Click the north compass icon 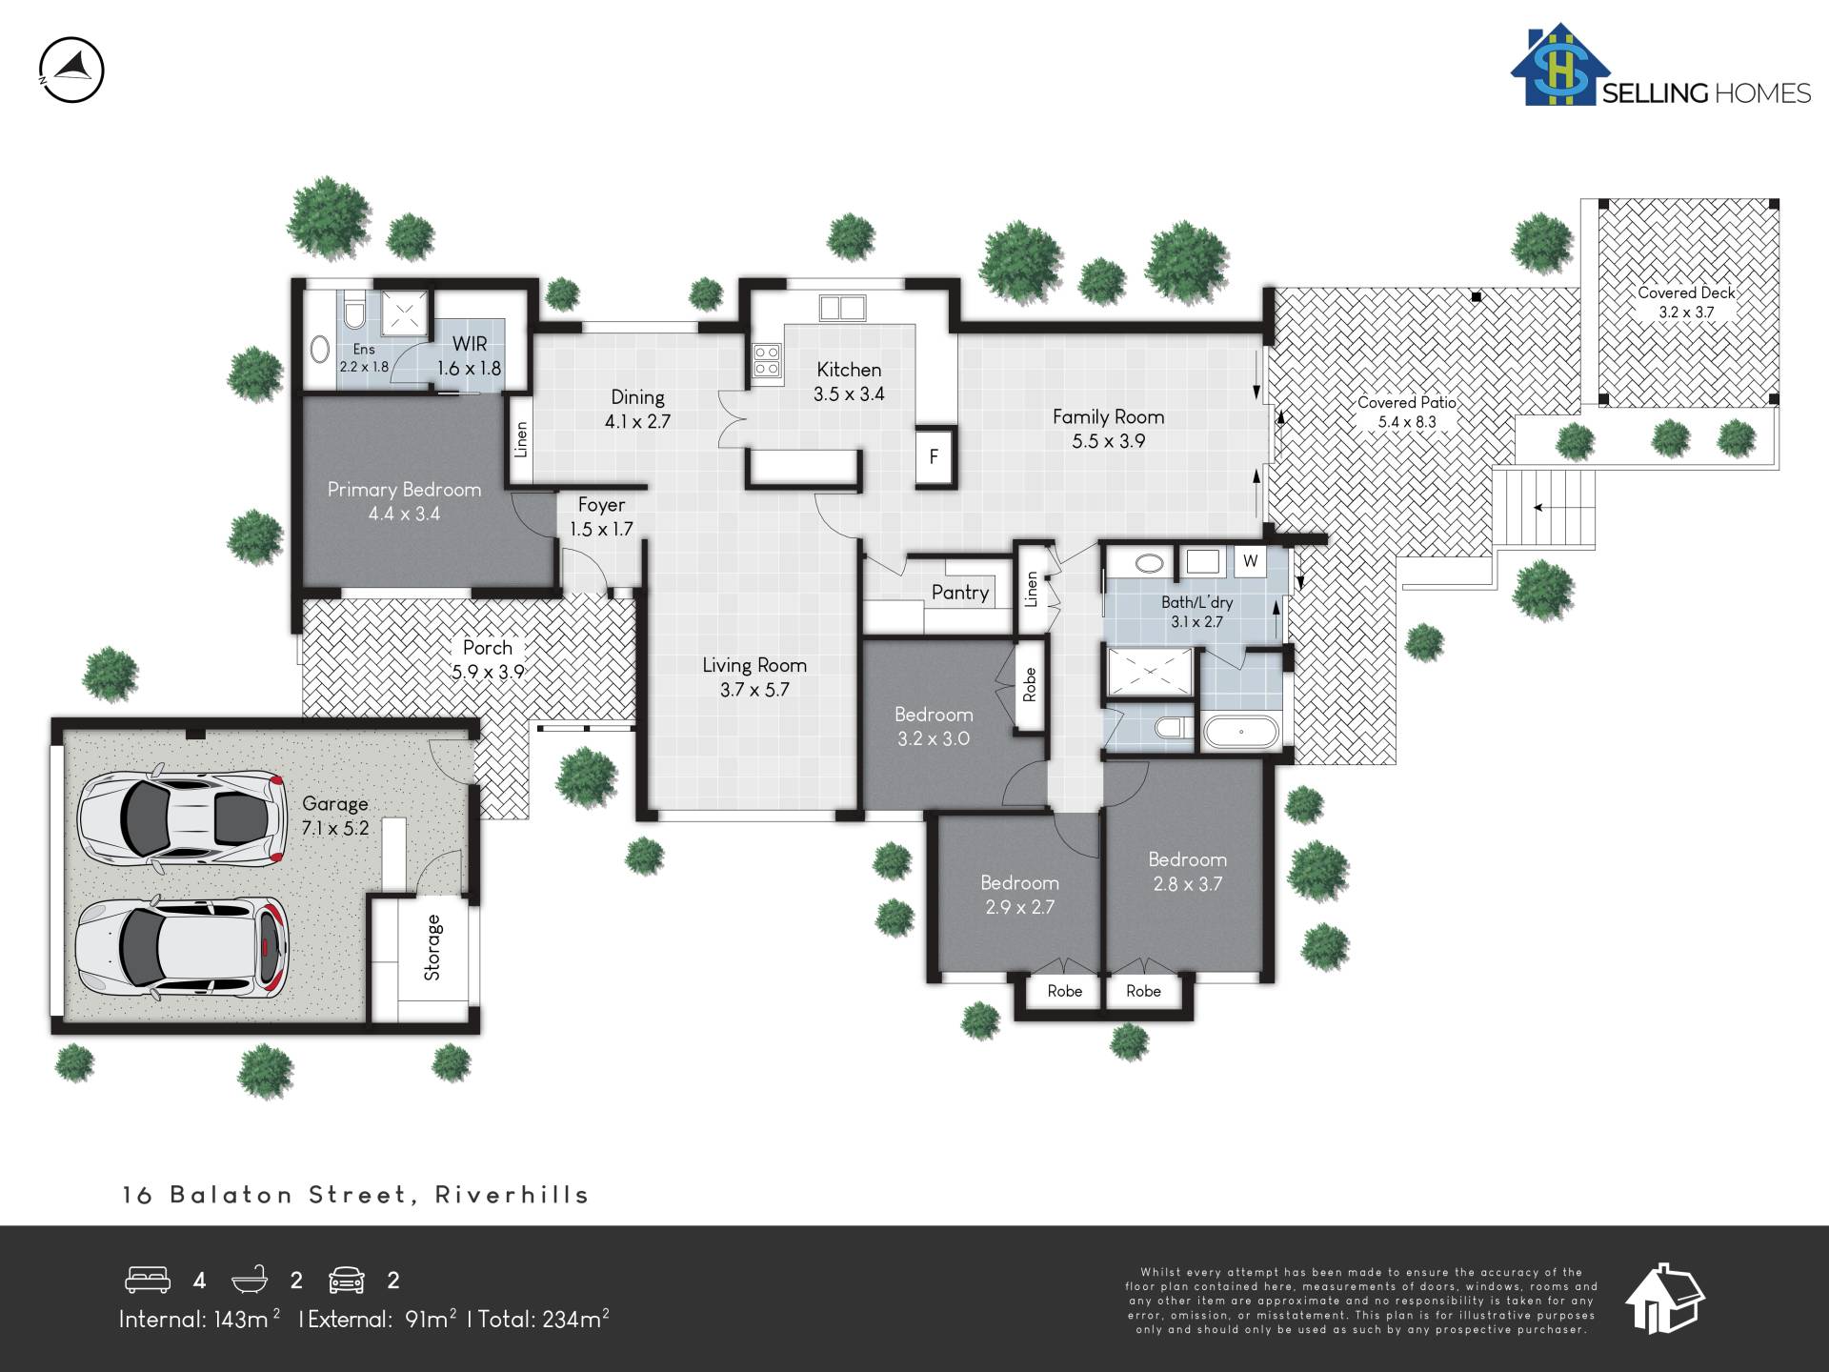pyautogui.click(x=71, y=70)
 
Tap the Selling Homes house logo pyautogui.click(x=1559, y=65)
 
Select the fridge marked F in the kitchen pyautogui.click(x=934, y=456)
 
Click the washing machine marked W pyautogui.click(x=1251, y=561)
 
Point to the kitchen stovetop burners pyautogui.click(x=767, y=360)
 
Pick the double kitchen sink pyautogui.click(x=842, y=308)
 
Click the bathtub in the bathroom pyautogui.click(x=1241, y=732)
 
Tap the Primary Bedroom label pyautogui.click(x=404, y=490)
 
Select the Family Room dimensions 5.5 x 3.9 pyautogui.click(x=1108, y=441)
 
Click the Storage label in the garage pyautogui.click(x=432, y=947)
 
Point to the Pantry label pyautogui.click(x=960, y=593)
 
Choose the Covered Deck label pyautogui.click(x=1686, y=293)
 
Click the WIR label pyautogui.click(x=470, y=344)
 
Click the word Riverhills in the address pyautogui.click(x=513, y=1195)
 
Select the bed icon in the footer pyautogui.click(x=148, y=1280)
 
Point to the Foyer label pyautogui.click(x=601, y=505)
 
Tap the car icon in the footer pyautogui.click(x=347, y=1280)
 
